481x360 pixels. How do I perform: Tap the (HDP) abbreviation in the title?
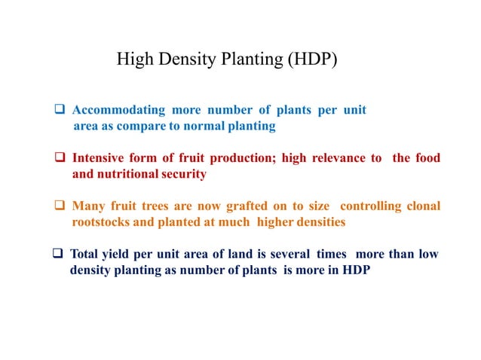(311, 59)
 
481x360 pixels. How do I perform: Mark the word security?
(185, 174)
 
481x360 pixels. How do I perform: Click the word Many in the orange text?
(87, 206)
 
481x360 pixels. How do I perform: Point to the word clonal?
(421, 206)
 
